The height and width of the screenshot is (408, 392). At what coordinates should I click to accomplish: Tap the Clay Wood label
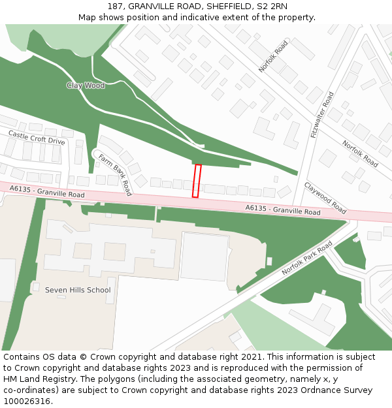click(86, 86)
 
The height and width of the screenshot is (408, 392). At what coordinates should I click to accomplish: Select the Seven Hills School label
click(78, 290)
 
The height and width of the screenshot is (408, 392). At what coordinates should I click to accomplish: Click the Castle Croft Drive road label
click(37, 137)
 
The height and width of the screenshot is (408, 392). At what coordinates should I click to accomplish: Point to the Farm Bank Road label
click(115, 174)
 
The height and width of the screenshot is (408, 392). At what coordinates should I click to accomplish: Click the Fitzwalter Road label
click(323, 115)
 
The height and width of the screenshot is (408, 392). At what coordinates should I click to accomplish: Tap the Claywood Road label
click(325, 198)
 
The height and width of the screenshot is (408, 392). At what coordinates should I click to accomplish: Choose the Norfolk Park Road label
click(306, 257)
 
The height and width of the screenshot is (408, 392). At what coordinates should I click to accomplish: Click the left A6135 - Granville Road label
click(47, 191)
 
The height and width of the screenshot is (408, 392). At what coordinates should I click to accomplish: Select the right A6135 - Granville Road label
click(283, 210)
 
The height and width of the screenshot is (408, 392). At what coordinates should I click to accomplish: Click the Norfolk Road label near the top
click(272, 56)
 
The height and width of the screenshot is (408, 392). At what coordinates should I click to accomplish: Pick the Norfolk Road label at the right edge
click(360, 153)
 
